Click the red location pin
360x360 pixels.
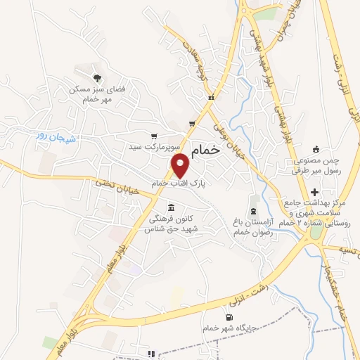(181, 166)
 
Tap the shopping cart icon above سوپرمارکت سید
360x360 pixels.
(154, 136)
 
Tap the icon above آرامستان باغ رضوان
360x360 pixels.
(253, 212)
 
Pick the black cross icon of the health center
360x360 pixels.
(314, 192)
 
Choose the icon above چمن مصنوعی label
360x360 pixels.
(315, 149)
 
